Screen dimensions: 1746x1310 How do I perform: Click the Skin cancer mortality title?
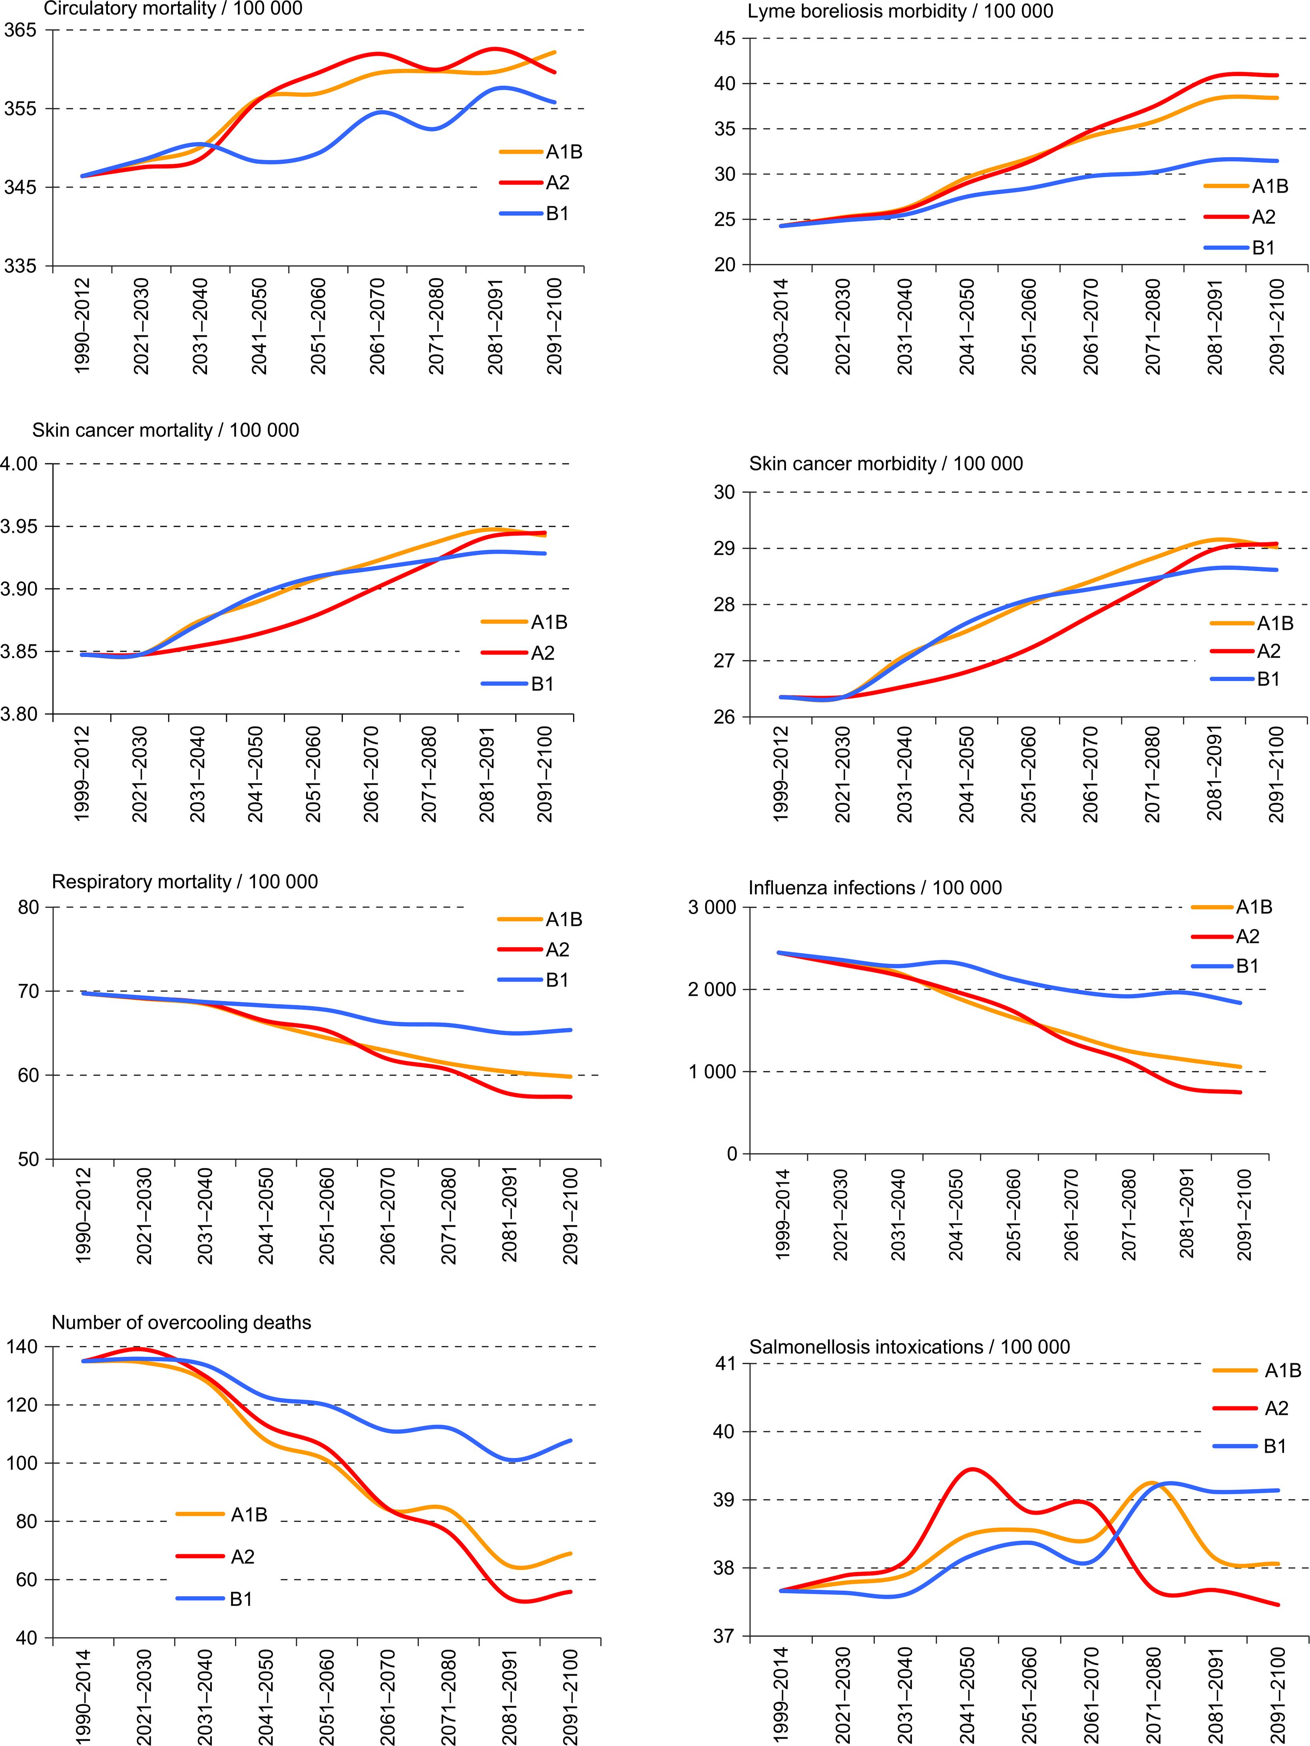coord(166,430)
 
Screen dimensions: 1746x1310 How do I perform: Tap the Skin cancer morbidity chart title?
coord(886,463)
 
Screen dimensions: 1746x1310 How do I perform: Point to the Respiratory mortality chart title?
coord(185,882)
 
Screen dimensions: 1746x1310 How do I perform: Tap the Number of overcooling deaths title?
coord(181,1323)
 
